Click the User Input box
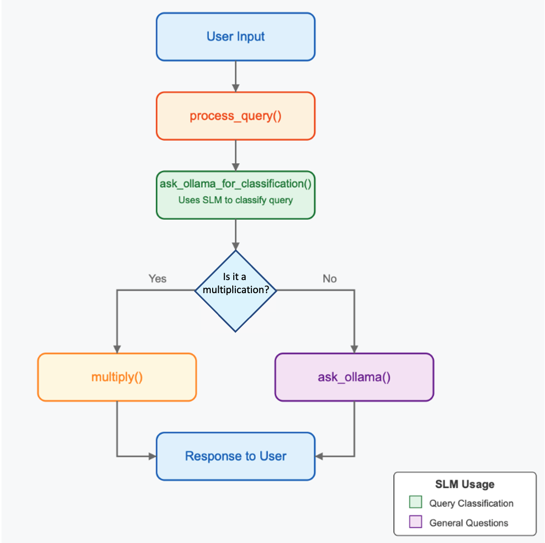pos(236,37)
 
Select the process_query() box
pos(236,116)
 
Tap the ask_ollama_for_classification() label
pos(236,184)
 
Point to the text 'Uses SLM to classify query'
pos(236,200)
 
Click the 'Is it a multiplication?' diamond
pos(236,291)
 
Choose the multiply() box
pos(117,377)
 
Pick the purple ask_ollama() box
pos(354,377)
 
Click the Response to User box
pos(236,457)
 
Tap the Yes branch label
pos(157,279)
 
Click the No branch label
pos(329,279)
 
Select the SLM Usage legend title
pos(465,484)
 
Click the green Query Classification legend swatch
pos(416,502)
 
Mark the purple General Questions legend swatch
pos(416,522)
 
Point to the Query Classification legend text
pos(471,503)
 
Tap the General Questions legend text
pos(469,523)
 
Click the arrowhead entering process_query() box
pos(236,88)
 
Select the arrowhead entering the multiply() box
pos(117,349)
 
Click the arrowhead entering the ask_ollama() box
pos(354,349)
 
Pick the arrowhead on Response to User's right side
pos(319,457)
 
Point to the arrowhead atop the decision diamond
pos(236,246)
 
